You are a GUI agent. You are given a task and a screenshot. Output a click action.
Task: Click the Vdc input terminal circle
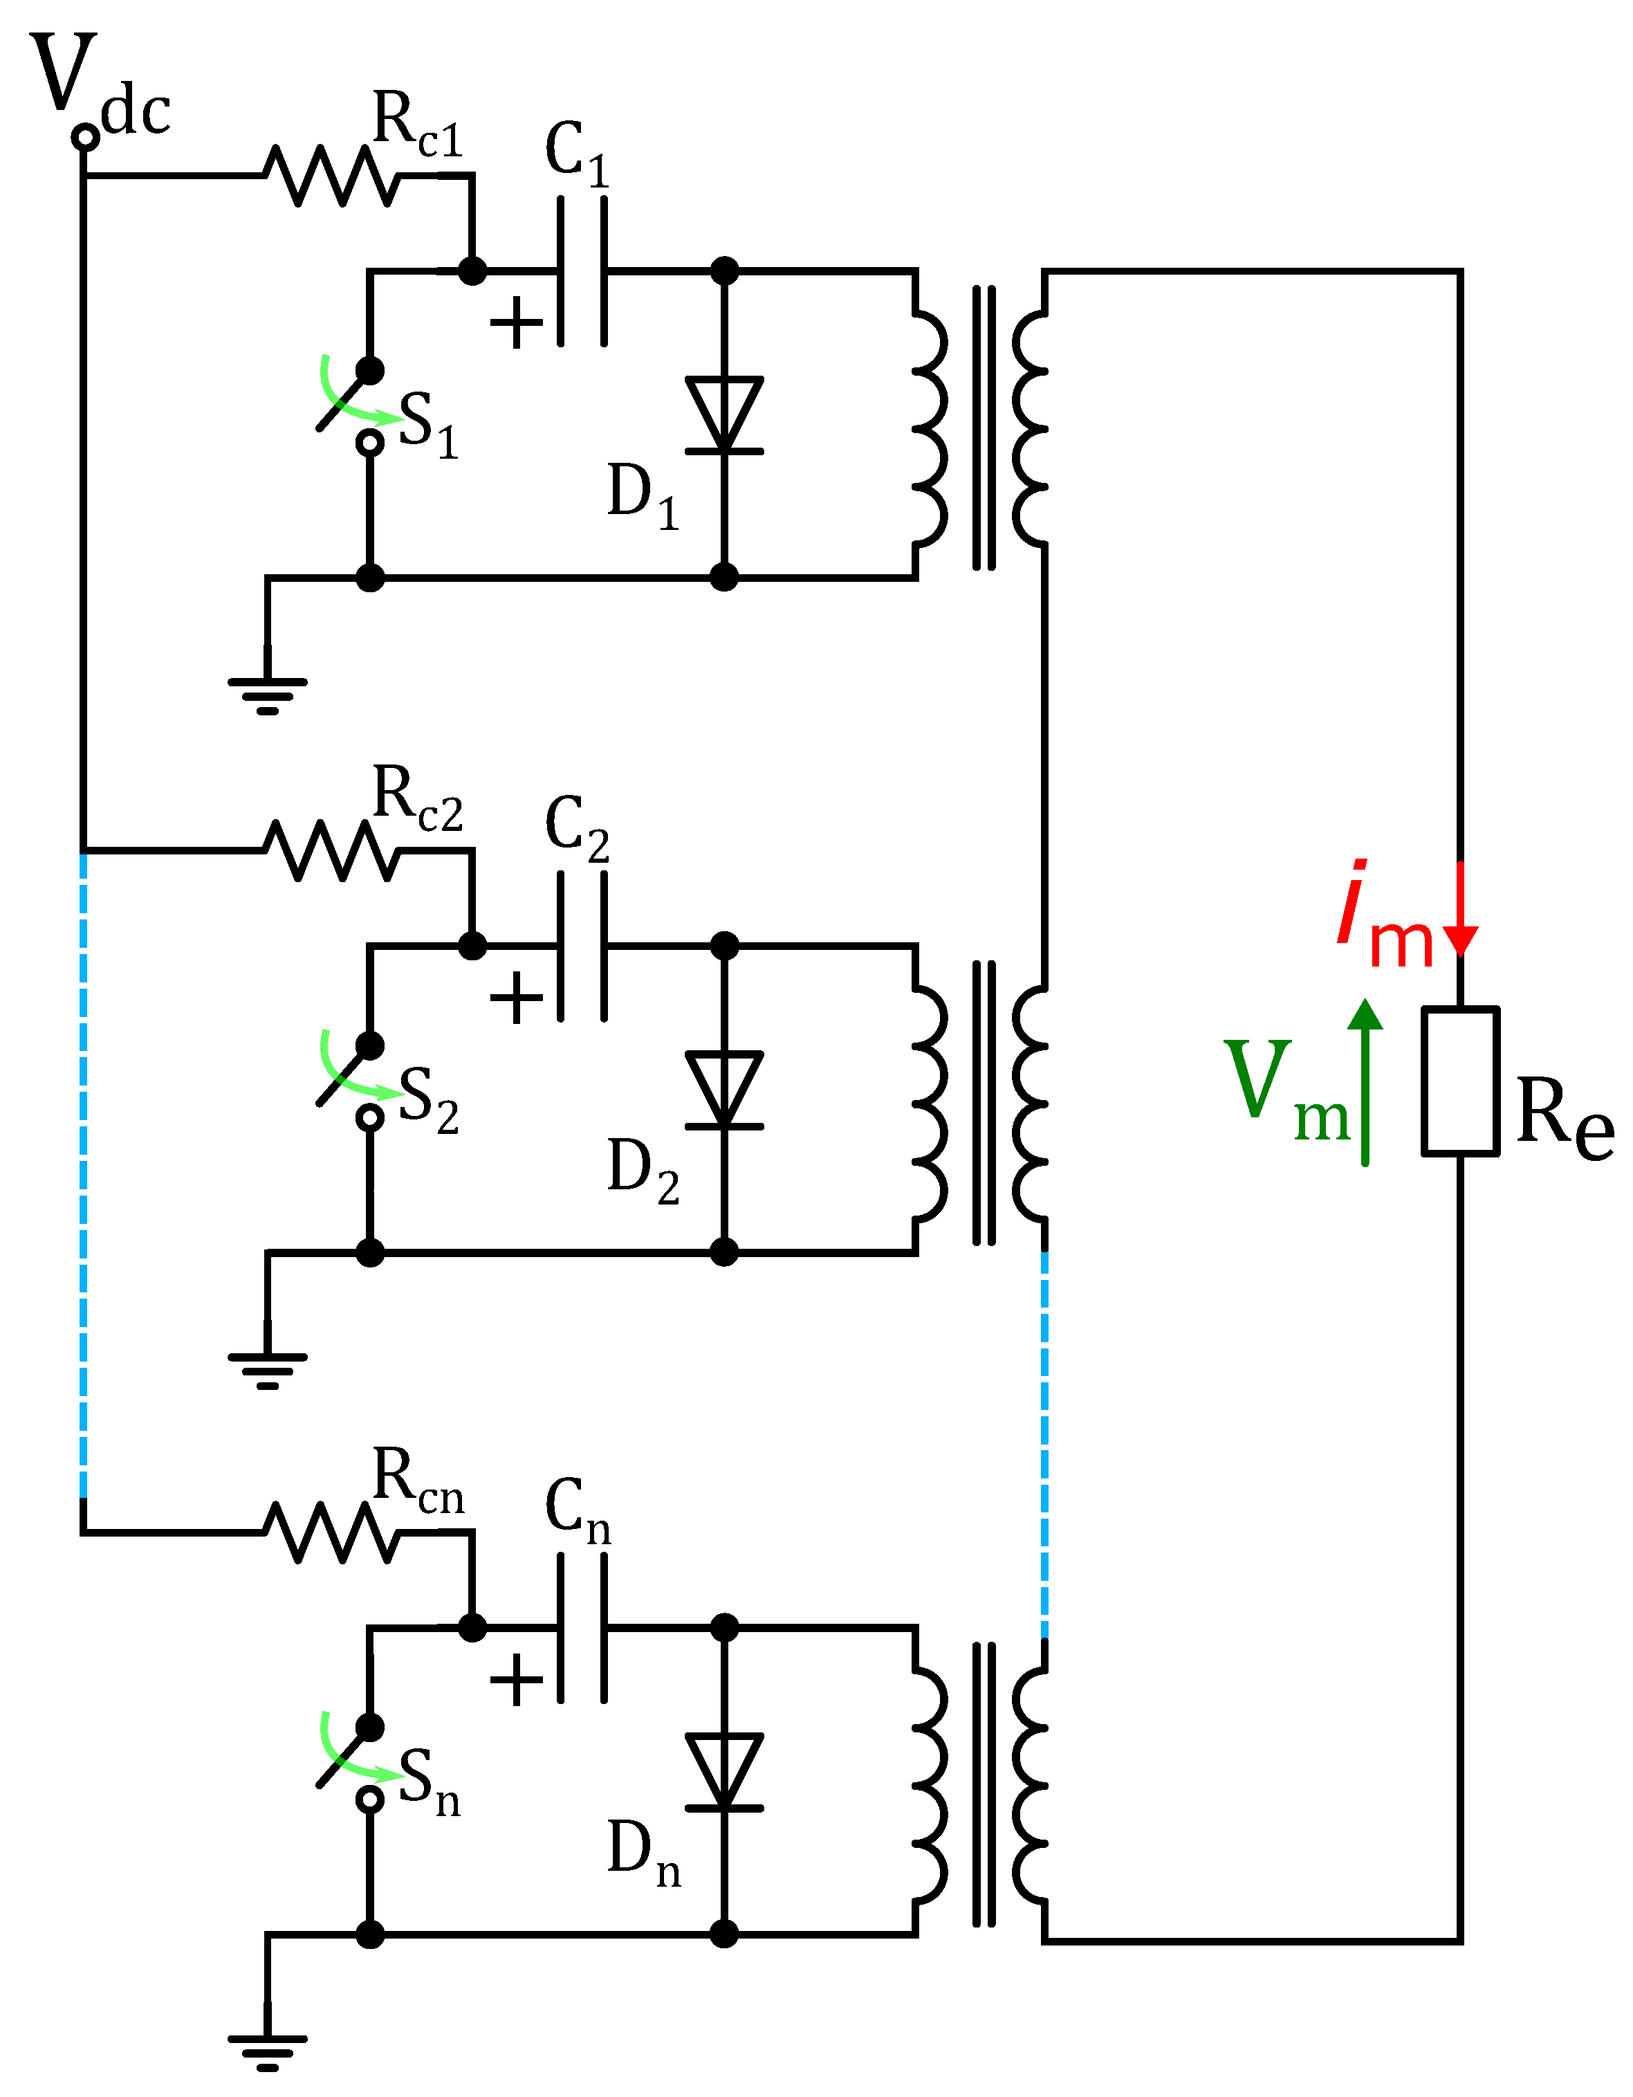click(86, 137)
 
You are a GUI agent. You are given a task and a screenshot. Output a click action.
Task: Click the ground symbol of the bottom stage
click(268, 2050)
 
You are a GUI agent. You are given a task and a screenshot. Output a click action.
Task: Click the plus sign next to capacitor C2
click(517, 998)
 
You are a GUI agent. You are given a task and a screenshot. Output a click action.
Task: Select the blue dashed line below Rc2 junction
click(84, 1171)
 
